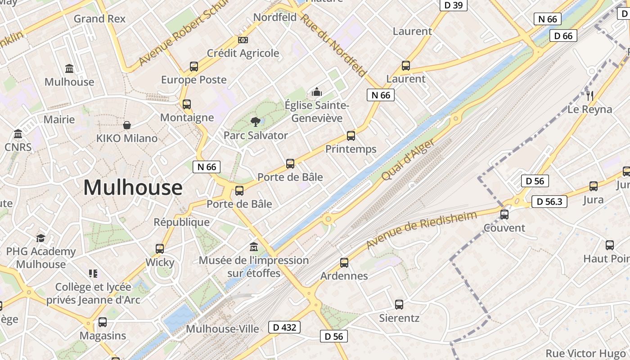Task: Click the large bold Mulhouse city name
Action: click(133, 187)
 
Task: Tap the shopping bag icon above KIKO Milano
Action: click(127, 125)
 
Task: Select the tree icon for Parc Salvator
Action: click(256, 121)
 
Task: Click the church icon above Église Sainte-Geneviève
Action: click(317, 92)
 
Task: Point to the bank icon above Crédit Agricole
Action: click(243, 40)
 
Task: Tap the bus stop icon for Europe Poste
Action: click(194, 67)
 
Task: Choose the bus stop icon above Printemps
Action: click(351, 135)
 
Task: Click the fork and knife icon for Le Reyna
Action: click(590, 95)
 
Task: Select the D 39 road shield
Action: click(453, 5)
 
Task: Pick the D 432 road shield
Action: click(284, 327)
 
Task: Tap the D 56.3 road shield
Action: click(549, 202)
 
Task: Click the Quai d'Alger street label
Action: click(408, 159)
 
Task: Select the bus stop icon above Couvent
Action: click(504, 214)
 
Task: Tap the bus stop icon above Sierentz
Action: click(399, 305)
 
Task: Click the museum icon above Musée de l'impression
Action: click(254, 247)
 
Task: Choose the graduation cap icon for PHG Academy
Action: click(41, 238)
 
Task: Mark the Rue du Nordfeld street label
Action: click(333, 45)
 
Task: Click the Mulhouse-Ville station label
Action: click(222, 329)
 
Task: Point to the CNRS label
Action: click(18, 147)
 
